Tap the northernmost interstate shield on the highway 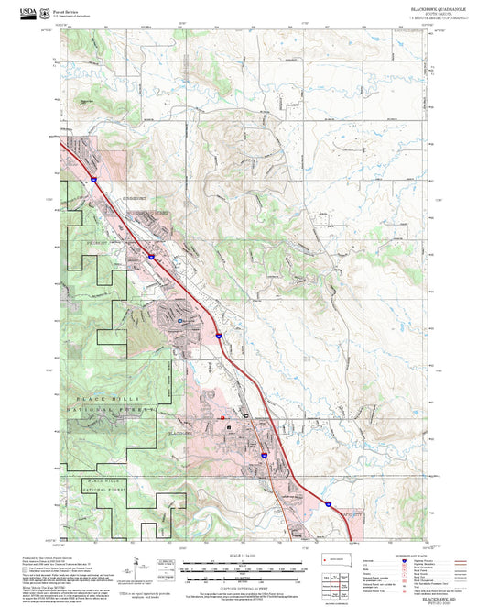click(93, 182)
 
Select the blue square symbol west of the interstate click(180, 320)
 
